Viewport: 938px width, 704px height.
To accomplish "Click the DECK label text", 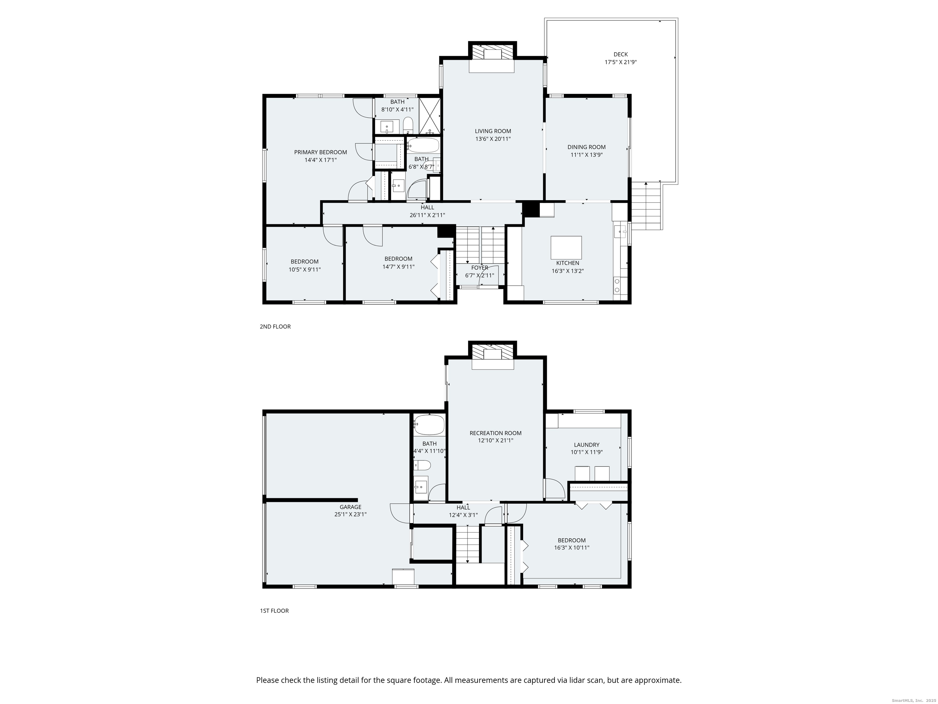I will [620, 54].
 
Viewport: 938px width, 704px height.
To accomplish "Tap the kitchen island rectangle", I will [566, 248].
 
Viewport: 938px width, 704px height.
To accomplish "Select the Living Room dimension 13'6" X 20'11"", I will [493, 139].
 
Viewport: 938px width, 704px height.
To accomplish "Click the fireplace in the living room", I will [492, 54].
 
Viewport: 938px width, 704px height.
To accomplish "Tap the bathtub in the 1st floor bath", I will [429, 425].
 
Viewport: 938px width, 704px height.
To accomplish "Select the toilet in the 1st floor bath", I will [423, 466].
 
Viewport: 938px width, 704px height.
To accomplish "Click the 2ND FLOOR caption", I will [275, 327].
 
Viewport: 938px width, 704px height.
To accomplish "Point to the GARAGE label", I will [350, 507].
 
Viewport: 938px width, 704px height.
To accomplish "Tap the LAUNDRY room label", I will [587, 445].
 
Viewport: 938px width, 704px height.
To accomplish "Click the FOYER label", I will [480, 268].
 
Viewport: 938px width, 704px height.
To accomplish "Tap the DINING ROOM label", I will [587, 147].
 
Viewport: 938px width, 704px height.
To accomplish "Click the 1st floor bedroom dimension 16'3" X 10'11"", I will [572, 548].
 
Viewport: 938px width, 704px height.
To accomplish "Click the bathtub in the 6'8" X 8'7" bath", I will [423, 145].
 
